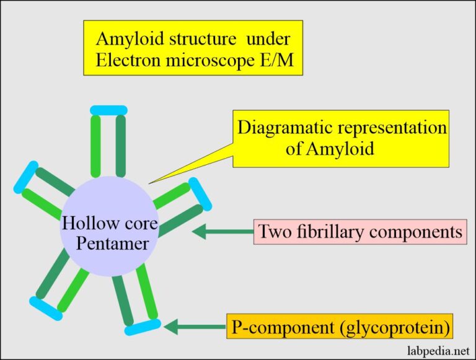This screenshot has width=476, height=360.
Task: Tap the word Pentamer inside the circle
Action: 112,242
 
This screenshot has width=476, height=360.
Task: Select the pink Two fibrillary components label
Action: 359,232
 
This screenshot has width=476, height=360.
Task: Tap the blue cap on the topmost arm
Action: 108,110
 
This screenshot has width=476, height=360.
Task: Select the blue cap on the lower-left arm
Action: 46,308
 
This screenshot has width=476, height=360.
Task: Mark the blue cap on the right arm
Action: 200,194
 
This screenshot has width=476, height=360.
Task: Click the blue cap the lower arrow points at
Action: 143,327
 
